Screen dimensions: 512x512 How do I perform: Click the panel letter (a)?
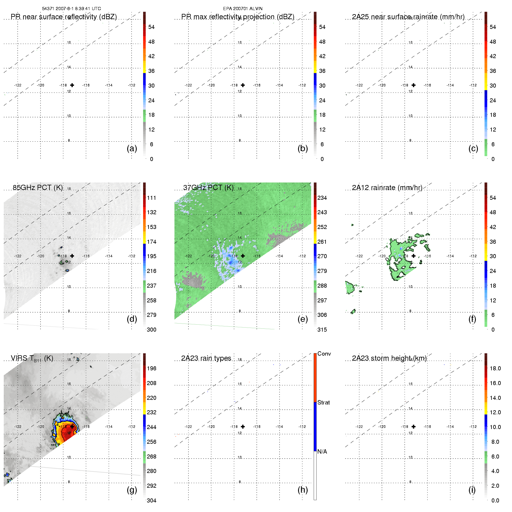pyautogui.click(x=132, y=149)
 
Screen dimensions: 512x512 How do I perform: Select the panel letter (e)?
pyautogui.click(x=303, y=319)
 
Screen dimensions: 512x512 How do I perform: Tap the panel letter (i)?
pyautogui.click(x=472, y=490)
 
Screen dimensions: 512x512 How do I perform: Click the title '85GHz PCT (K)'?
pyautogui.click(x=38, y=188)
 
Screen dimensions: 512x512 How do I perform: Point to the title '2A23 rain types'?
pyautogui.click(x=206, y=358)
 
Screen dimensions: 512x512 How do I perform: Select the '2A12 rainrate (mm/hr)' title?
pyautogui.click(x=387, y=188)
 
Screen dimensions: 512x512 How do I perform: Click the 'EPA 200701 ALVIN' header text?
pyautogui.click(x=243, y=9)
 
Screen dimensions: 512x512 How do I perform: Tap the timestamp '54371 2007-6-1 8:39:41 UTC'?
pyautogui.click(x=71, y=9)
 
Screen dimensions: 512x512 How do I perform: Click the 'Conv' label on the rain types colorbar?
pyautogui.click(x=324, y=354)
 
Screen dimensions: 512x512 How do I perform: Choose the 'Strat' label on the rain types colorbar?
pyautogui.click(x=324, y=402)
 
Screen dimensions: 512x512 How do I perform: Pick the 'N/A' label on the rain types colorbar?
pyautogui.click(x=322, y=452)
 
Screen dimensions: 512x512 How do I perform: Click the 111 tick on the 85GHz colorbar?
pyautogui.click(x=151, y=198)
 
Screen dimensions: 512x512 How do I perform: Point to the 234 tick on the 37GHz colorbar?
pyautogui.click(x=322, y=198)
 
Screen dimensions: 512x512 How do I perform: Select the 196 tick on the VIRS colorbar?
pyautogui.click(x=151, y=368)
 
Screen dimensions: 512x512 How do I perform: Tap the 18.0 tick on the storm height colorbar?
pyautogui.click(x=495, y=368)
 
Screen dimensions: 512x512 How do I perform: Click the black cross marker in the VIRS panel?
pyautogui.click(x=72, y=426)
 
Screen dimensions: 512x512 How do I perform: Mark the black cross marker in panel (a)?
pyautogui.click(x=72, y=85)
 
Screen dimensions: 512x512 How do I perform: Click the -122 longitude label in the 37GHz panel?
pyautogui.click(x=188, y=256)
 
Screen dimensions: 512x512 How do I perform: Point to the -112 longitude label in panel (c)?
pyautogui.click(x=473, y=85)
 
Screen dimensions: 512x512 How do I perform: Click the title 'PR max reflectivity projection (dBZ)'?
pyautogui.click(x=238, y=17)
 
